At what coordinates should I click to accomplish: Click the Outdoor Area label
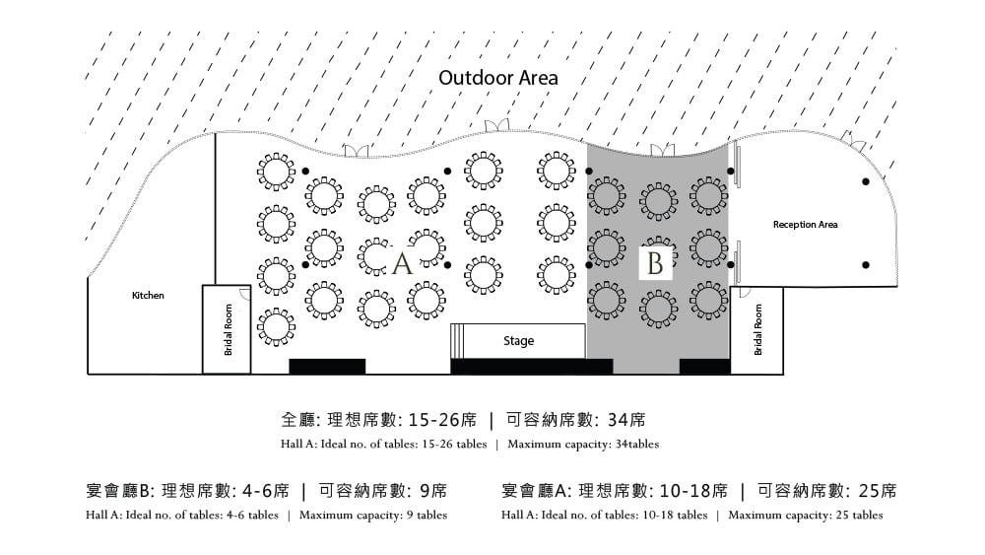pos(498,78)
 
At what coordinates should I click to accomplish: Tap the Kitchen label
pos(148,296)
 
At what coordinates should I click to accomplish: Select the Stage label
pos(518,341)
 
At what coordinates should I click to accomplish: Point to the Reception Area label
pos(806,225)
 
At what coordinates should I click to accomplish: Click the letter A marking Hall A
pos(402,263)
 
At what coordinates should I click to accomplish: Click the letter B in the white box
pos(655,263)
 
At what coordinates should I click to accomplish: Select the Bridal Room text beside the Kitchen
pos(229,330)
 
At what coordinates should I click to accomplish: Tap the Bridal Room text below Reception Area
pos(757,330)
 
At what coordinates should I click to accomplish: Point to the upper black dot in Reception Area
pos(866,181)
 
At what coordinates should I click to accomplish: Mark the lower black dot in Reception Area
pos(866,265)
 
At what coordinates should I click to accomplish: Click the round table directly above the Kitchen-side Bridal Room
pos(276,276)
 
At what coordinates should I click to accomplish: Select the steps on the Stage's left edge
pos(457,341)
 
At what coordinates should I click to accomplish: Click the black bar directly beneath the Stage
pos(532,367)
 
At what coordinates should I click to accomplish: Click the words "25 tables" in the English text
pos(859,516)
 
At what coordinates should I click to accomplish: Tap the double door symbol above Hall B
pos(662,150)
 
